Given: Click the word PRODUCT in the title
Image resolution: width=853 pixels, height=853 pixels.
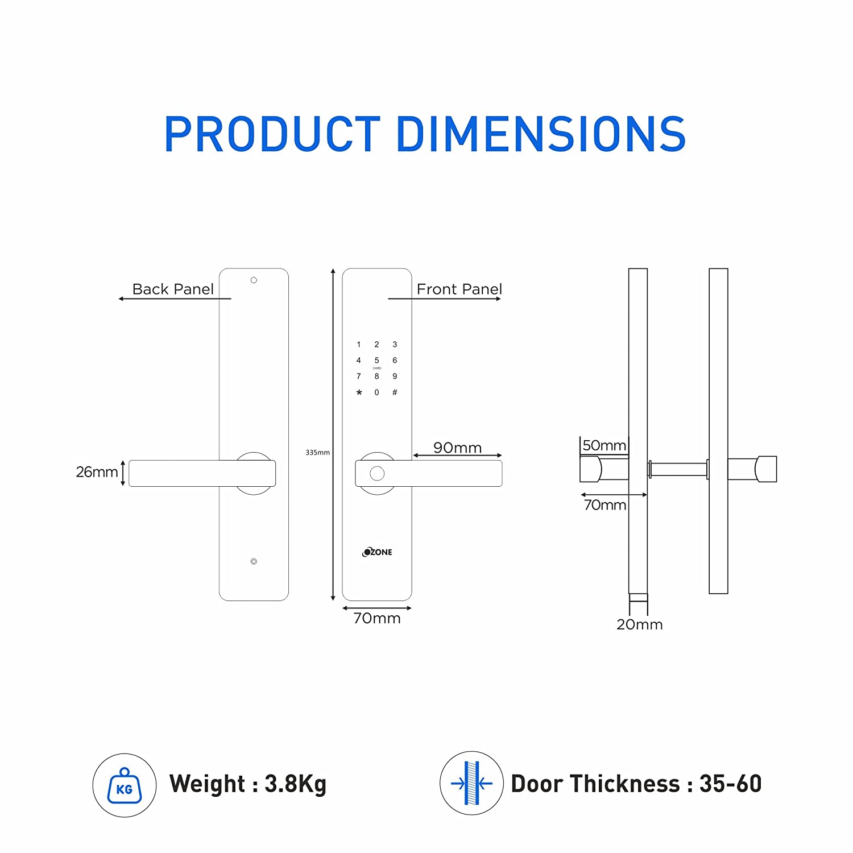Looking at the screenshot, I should (x=272, y=134).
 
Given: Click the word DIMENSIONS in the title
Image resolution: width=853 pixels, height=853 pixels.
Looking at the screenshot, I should (x=541, y=134).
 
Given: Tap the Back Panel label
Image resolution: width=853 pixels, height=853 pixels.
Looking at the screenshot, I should (x=173, y=289).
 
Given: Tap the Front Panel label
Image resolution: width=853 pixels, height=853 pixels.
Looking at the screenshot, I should (x=459, y=289).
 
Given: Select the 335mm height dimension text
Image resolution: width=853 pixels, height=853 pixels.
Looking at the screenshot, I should (x=317, y=453).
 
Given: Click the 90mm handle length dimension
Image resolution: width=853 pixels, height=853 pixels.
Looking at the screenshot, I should (x=457, y=448).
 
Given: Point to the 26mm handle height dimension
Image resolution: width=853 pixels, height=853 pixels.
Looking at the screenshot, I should (x=97, y=472).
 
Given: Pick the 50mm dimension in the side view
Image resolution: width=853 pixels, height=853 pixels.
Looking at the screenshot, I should (x=604, y=445).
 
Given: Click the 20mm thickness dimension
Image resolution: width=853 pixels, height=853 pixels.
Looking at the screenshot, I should (x=639, y=624).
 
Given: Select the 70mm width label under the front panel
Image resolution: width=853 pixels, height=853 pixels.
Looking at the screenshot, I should (x=376, y=618).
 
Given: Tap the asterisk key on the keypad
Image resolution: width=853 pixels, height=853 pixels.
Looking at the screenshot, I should (x=359, y=393).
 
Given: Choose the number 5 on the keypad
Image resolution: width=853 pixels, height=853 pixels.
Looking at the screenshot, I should (x=376, y=361).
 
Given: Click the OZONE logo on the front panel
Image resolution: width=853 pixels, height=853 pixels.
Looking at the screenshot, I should (x=377, y=552).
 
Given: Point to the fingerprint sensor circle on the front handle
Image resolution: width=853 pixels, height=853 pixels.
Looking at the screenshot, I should (x=376, y=474).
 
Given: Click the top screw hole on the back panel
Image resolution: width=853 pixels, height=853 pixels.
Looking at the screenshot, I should (x=254, y=280).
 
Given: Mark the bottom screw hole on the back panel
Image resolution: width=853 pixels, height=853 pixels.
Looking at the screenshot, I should (x=254, y=562).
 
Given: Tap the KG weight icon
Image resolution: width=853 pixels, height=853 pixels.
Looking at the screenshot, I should (x=124, y=785).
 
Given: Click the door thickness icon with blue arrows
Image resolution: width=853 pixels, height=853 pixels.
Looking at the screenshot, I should (x=471, y=784).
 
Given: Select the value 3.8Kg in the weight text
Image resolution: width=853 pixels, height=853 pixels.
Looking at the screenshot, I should (x=295, y=784).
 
